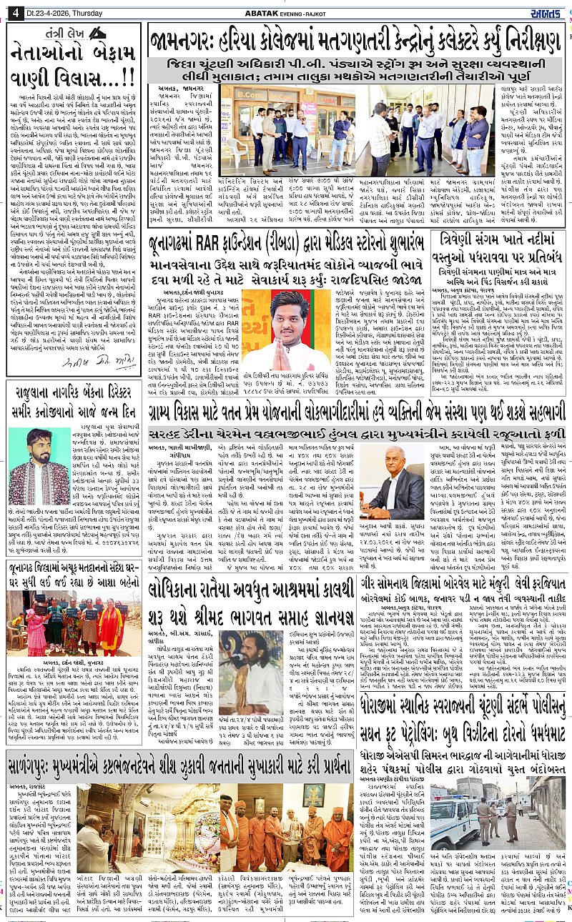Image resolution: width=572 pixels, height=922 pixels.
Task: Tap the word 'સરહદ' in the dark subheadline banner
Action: [x=169, y=435]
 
